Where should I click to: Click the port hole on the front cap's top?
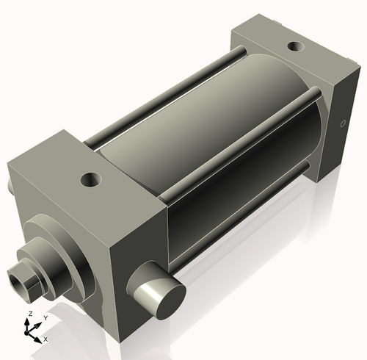(x=91, y=179)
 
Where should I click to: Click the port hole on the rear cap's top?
(x=295, y=46)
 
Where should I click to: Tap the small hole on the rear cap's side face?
(x=341, y=123)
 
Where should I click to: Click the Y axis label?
(x=45, y=317)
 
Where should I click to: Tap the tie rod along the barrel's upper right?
(x=242, y=125)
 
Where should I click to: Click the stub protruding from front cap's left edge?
(x=10, y=184)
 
